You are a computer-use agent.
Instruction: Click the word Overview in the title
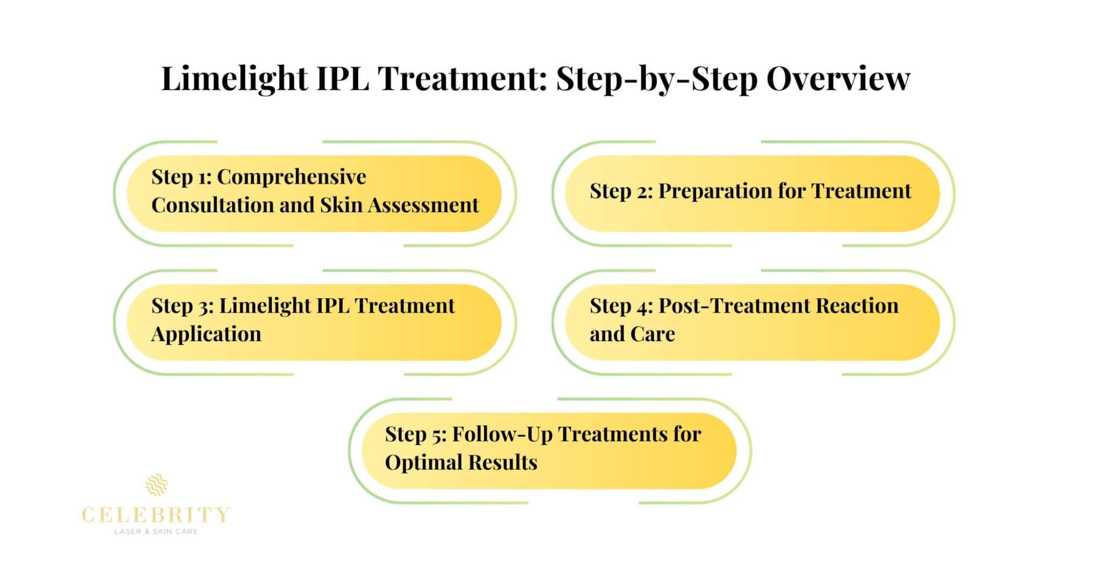click(838, 79)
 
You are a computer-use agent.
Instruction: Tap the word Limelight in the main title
click(234, 79)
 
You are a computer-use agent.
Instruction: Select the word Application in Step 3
click(206, 334)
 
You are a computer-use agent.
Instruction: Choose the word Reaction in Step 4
click(857, 306)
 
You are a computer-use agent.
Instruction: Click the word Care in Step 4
click(653, 334)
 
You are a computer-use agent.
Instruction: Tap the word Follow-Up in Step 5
click(502, 434)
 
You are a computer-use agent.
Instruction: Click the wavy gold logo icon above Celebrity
click(156, 485)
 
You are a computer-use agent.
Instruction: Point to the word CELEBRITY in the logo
click(156, 515)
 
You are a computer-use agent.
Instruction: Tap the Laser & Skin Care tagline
click(156, 531)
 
